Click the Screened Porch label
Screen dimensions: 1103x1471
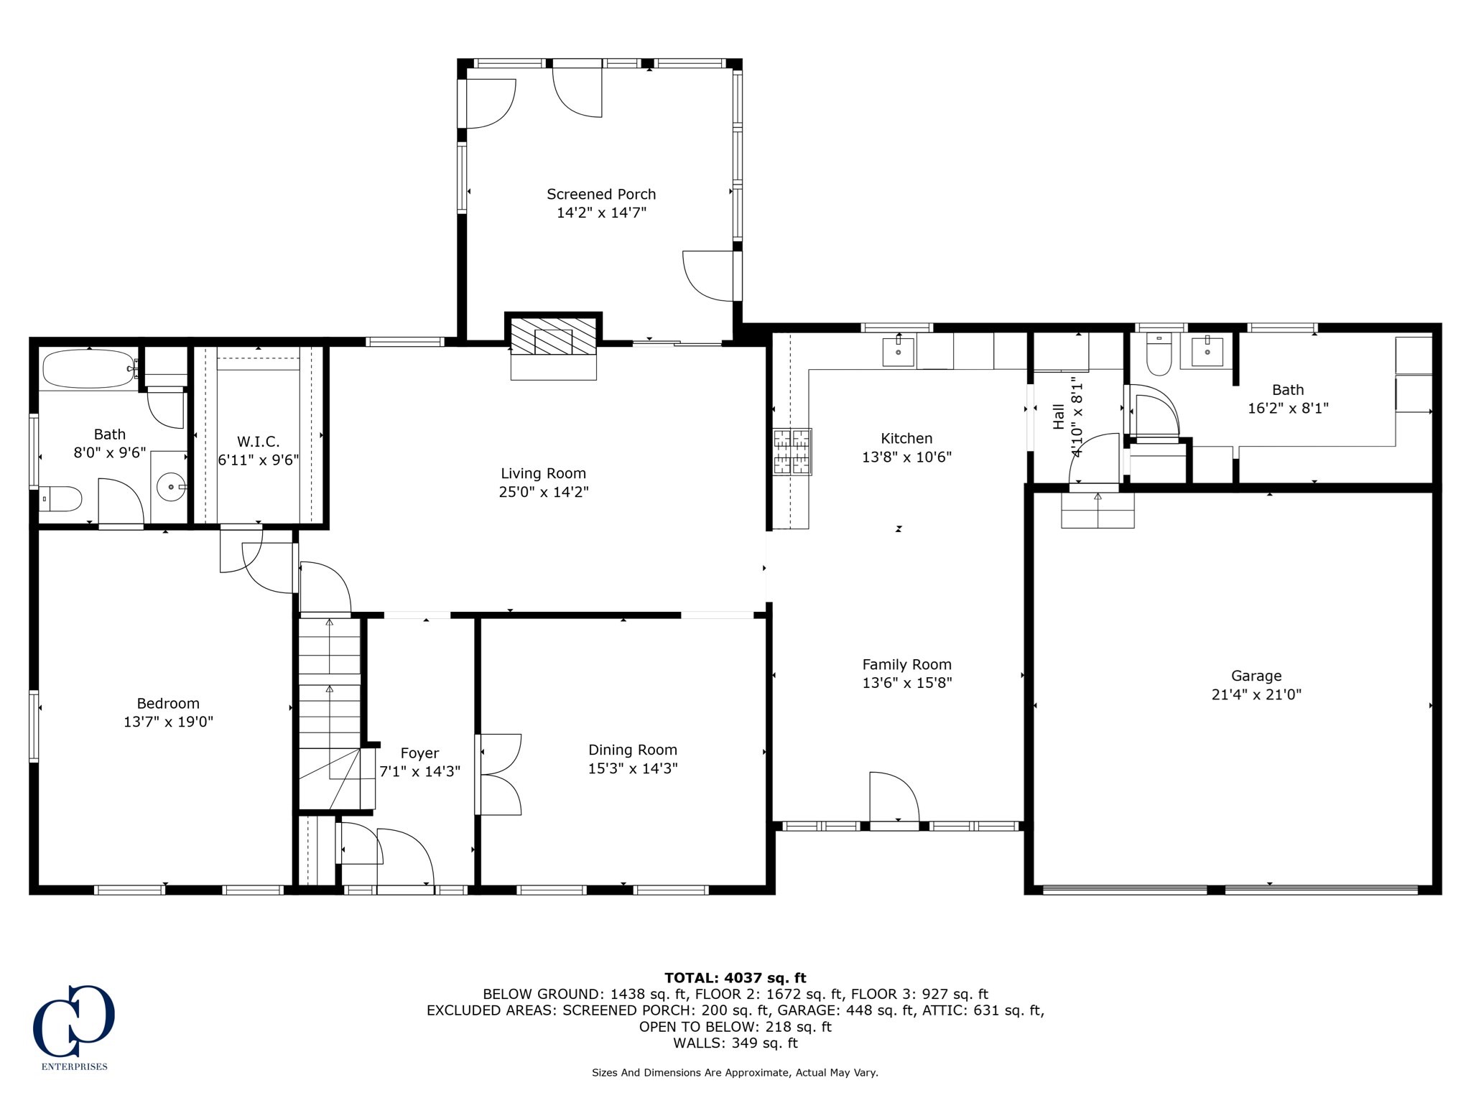click(600, 194)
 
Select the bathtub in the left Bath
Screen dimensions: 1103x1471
click(88, 368)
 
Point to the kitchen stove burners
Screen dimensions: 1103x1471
click(792, 452)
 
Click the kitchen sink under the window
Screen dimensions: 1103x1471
click(898, 352)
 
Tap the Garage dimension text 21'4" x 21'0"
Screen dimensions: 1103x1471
click(1256, 694)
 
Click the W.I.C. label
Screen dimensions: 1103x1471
click(258, 442)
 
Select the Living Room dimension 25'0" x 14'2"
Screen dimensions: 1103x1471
click(543, 492)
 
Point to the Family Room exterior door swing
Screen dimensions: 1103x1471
click(894, 797)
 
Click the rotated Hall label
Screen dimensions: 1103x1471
click(1059, 416)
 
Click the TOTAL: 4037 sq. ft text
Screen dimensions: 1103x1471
click(735, 977)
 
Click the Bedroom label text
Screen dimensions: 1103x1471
click(168, 703)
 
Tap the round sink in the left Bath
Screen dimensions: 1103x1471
click(171, 487)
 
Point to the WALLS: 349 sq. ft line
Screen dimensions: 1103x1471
click(735, 1043)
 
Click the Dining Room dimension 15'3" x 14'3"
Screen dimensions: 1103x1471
click(632, 768)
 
